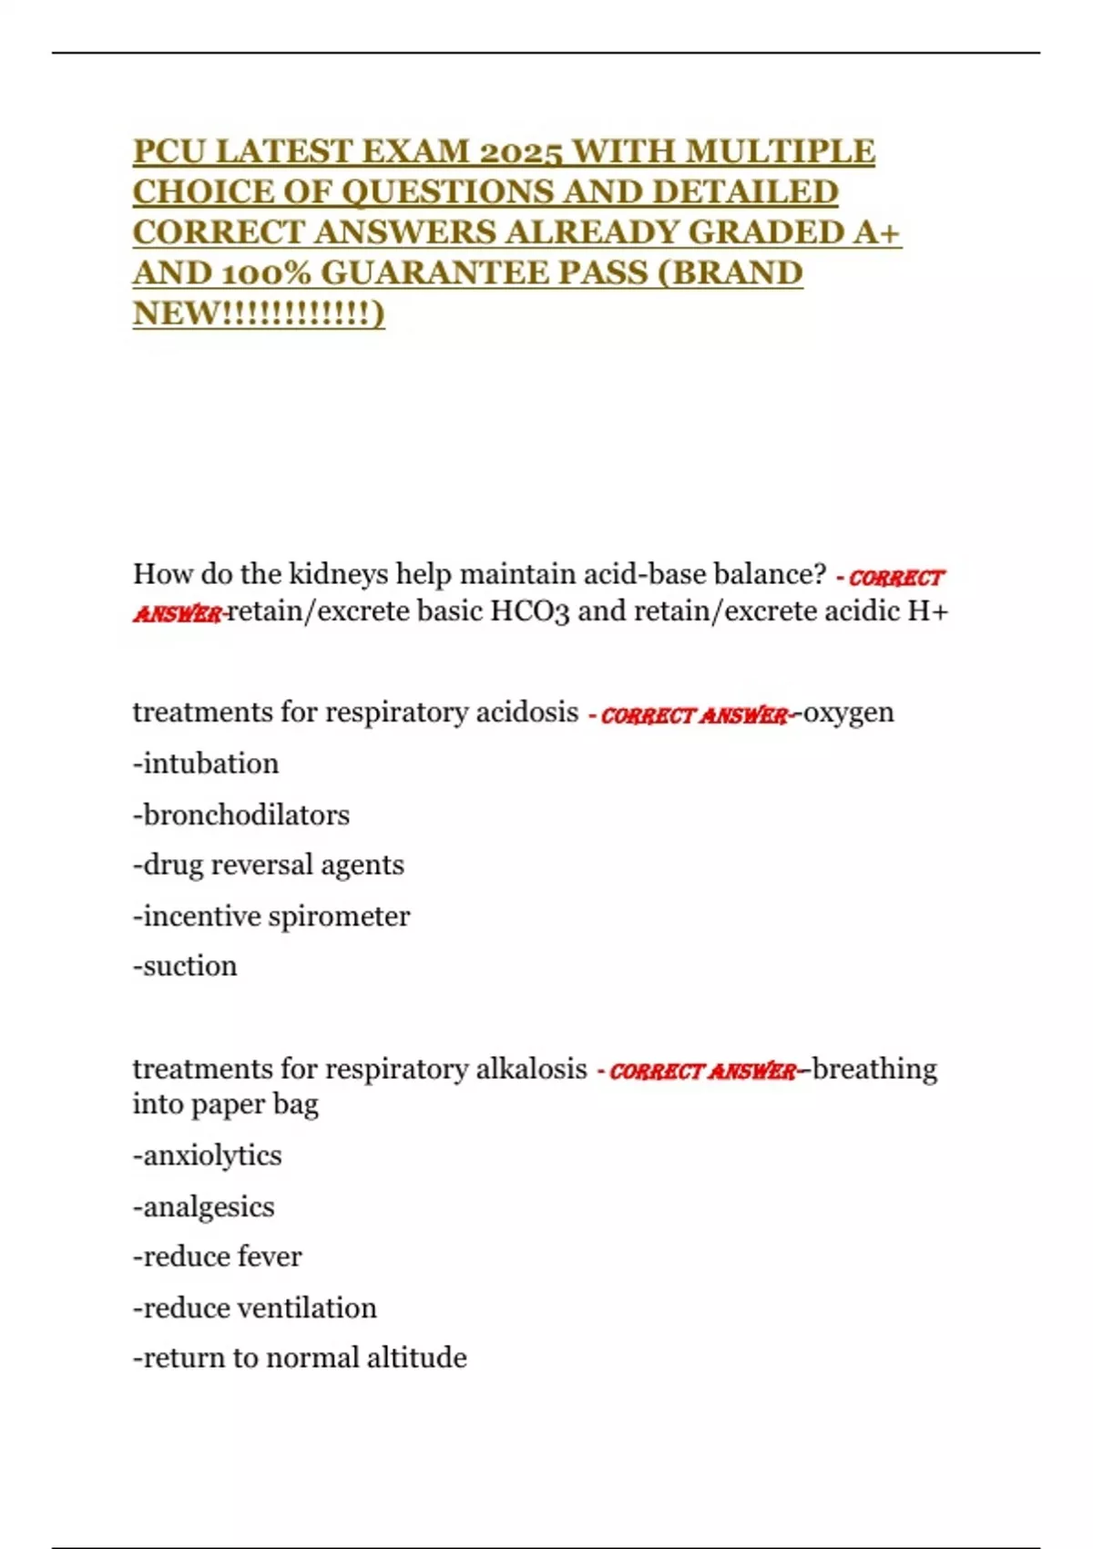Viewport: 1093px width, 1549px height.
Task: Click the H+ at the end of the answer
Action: (x=928, y=610)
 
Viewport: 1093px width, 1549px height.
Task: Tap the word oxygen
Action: (x=848, y=713)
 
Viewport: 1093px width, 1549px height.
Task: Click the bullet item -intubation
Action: (x=206, y=764)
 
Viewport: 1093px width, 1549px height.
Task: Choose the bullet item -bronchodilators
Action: (x=241, y=815)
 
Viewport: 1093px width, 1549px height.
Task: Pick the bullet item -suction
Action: (x=185, y=966)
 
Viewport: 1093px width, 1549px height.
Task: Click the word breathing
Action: (x=874, y=1069)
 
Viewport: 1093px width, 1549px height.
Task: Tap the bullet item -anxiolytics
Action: (x=208, y=1156)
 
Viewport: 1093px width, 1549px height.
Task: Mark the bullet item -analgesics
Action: (x=204, y=1207)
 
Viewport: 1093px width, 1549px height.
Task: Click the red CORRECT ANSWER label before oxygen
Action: (x=694, y=715)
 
